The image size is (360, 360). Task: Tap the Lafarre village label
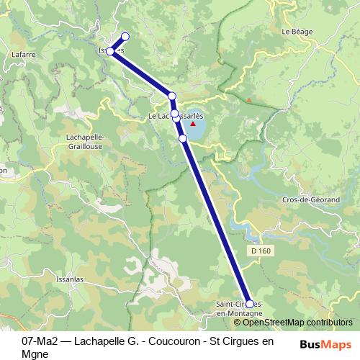[x=24, y=53]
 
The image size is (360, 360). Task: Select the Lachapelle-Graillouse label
[x=85, y=141]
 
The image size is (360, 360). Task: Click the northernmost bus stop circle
[x=125, y=37]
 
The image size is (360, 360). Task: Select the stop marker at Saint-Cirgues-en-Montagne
[x=250, y=304]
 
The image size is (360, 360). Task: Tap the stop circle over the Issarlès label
[x=110, y=51]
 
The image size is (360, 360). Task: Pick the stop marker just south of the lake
[x=183, y=138]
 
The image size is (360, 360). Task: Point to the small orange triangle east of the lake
[x=248, y=99]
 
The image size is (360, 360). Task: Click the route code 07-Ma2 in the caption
[x=41, y=340]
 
